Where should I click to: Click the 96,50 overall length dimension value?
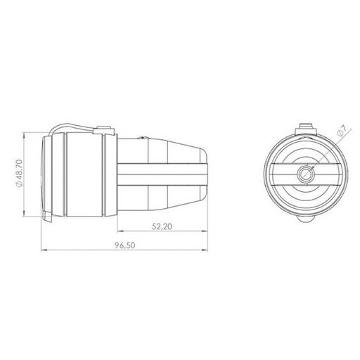click(x=125, y=245)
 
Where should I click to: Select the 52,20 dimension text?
click(x=162, y=226)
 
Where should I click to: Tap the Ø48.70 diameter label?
click(x=19, y=173)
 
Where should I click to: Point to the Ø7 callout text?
click(x=342, y=130)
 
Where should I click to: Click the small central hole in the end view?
click(x=304, y=174)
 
